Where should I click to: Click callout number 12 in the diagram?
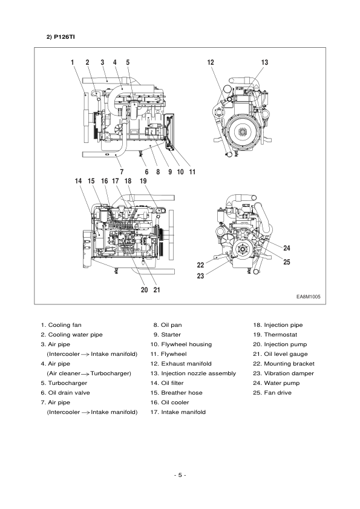(x=211, y=62)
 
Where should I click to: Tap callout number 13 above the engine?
(x=264, y=62)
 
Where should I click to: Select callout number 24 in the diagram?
(x=286, y=248)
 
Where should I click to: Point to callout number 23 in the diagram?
(x=200, y=275)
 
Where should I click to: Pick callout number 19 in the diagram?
(x=143, y=181)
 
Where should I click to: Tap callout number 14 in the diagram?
(x=78, y=181)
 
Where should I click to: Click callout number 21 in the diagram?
(x=156, y=289)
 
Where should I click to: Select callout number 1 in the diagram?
(x=72, y=62)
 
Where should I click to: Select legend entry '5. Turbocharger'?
(x=64, y=383)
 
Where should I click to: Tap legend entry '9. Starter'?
(x=167, y=335)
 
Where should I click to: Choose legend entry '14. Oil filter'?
(x=172, y=383)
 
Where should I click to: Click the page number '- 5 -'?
(x=180, y=475)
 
